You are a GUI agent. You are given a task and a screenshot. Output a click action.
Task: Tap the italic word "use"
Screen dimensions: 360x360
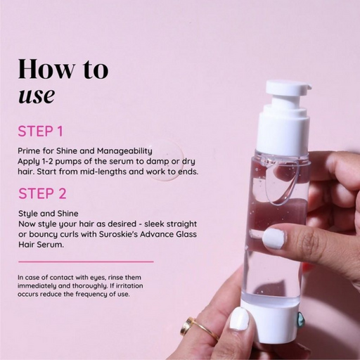[x=36, y=94]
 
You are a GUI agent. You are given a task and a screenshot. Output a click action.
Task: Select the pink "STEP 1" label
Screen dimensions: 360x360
[x=40, y=131]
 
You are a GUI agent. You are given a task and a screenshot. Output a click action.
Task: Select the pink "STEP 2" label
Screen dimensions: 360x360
[x=41, y=193]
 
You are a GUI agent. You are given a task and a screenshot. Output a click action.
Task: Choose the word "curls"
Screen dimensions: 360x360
[x=70, y=234]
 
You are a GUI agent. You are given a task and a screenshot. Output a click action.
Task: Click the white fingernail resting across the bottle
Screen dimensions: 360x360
[x=274, y=239]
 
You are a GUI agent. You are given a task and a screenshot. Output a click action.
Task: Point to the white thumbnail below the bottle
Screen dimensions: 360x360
[x=240, y=320]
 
